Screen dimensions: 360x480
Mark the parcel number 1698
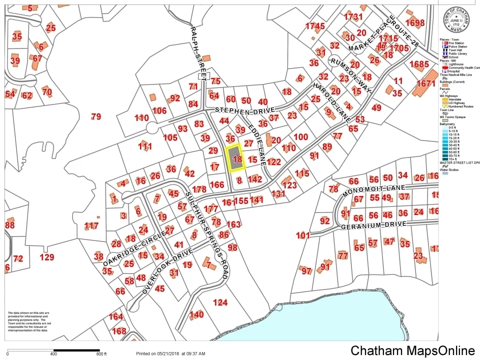coord(414,23)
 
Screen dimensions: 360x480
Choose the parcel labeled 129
coord(46,257)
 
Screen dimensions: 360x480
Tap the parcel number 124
coord(220,302)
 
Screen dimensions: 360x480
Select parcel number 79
coord(96,117)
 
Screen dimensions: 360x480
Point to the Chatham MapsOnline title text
coord(412,350)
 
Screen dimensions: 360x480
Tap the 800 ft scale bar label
coord(101,354)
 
